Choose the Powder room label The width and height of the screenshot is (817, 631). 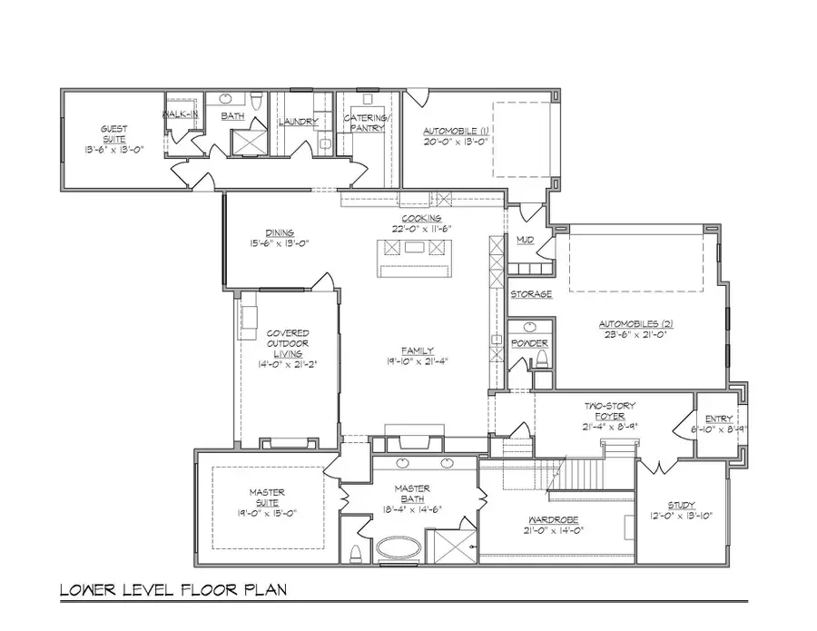tap(529, 343)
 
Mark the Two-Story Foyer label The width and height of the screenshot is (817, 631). tap(610, 410)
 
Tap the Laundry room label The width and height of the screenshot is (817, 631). tap(298, 121)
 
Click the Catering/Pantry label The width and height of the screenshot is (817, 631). tap(367, 123)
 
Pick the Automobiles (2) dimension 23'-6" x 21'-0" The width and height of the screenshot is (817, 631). tap(635, 334)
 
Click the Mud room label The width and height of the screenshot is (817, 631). tap(525, 240)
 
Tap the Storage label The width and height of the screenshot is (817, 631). tap(531, 294)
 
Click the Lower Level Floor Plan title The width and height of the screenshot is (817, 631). tap(173, 590)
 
